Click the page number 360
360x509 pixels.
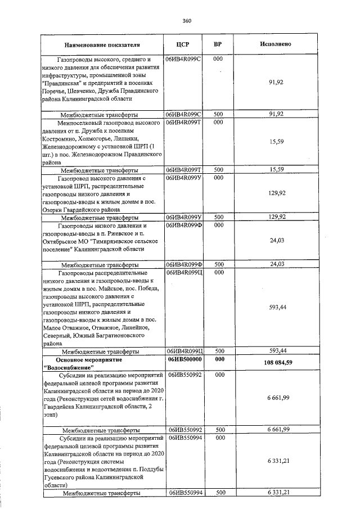pos(187,21)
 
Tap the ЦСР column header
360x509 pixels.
pos(184,44)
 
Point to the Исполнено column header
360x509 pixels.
pos(276,44)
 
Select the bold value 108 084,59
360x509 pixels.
pos(276,363)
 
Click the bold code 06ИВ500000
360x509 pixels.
pos(184,359)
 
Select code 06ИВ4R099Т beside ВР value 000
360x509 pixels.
pos(184,122)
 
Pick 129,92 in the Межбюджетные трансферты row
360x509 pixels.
pos(276,217)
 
